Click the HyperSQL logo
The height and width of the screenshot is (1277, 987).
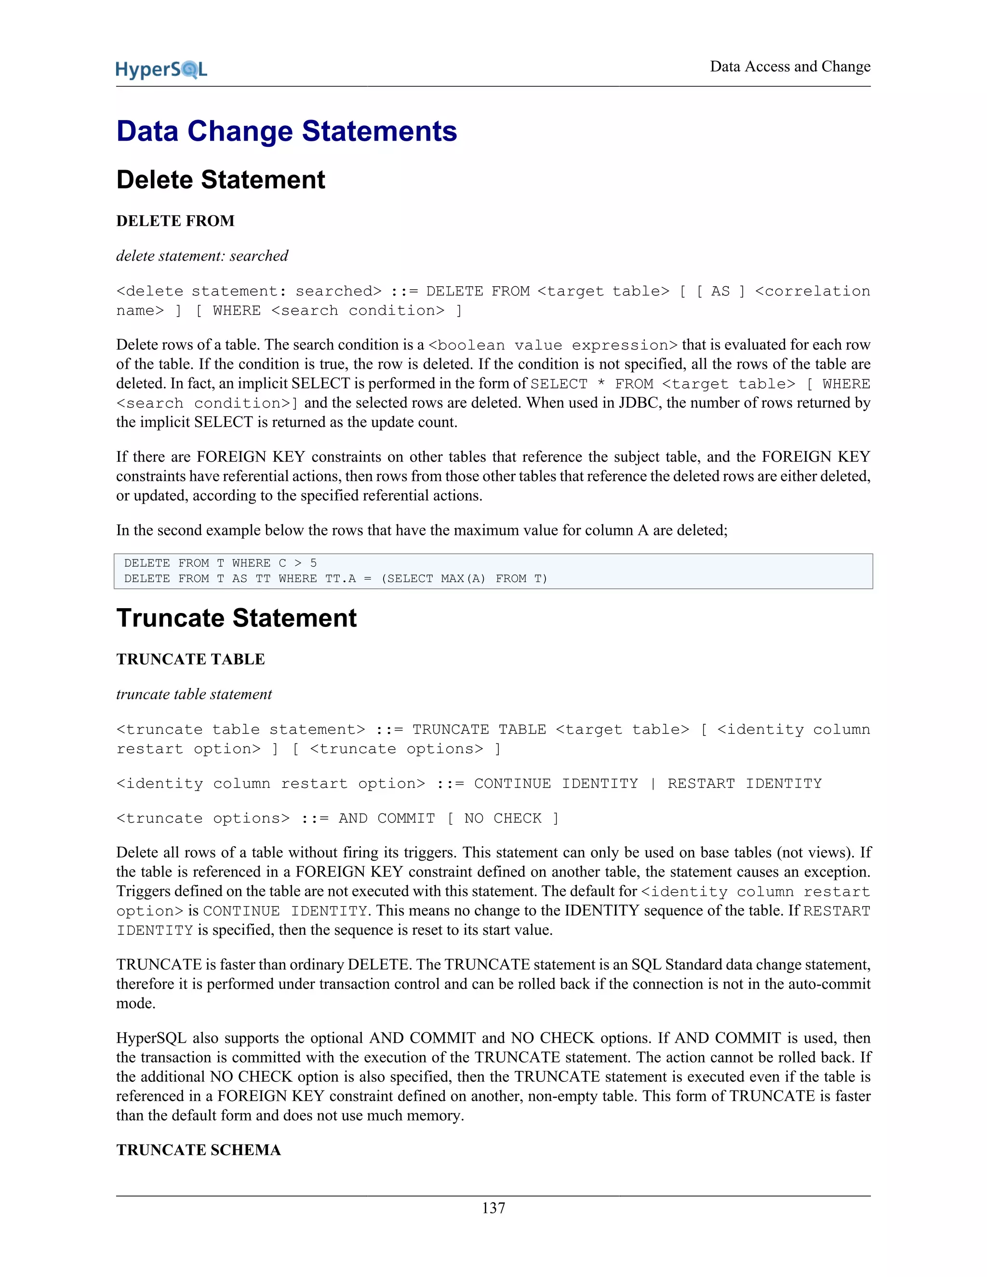click(161, 69)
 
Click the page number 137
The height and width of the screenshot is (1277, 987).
click(493, 1208)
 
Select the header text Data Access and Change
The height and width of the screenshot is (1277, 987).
click(790, 67)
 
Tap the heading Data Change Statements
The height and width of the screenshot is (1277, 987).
click(287, 131)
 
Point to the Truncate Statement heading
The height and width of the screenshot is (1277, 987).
click(236, 618)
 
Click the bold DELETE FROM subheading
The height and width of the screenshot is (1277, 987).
click(175, 221)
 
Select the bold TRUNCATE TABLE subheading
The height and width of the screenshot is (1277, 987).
click(191, 660)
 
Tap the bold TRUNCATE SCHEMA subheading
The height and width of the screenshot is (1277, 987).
click(199, 1150)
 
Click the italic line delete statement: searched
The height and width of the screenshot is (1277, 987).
click(202, 256)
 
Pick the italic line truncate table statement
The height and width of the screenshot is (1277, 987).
click(194, 694)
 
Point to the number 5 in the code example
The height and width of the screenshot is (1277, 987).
click(313, 563)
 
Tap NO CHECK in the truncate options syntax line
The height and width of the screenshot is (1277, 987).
click(503, 819)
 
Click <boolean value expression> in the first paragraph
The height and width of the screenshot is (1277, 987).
click(553, 346)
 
